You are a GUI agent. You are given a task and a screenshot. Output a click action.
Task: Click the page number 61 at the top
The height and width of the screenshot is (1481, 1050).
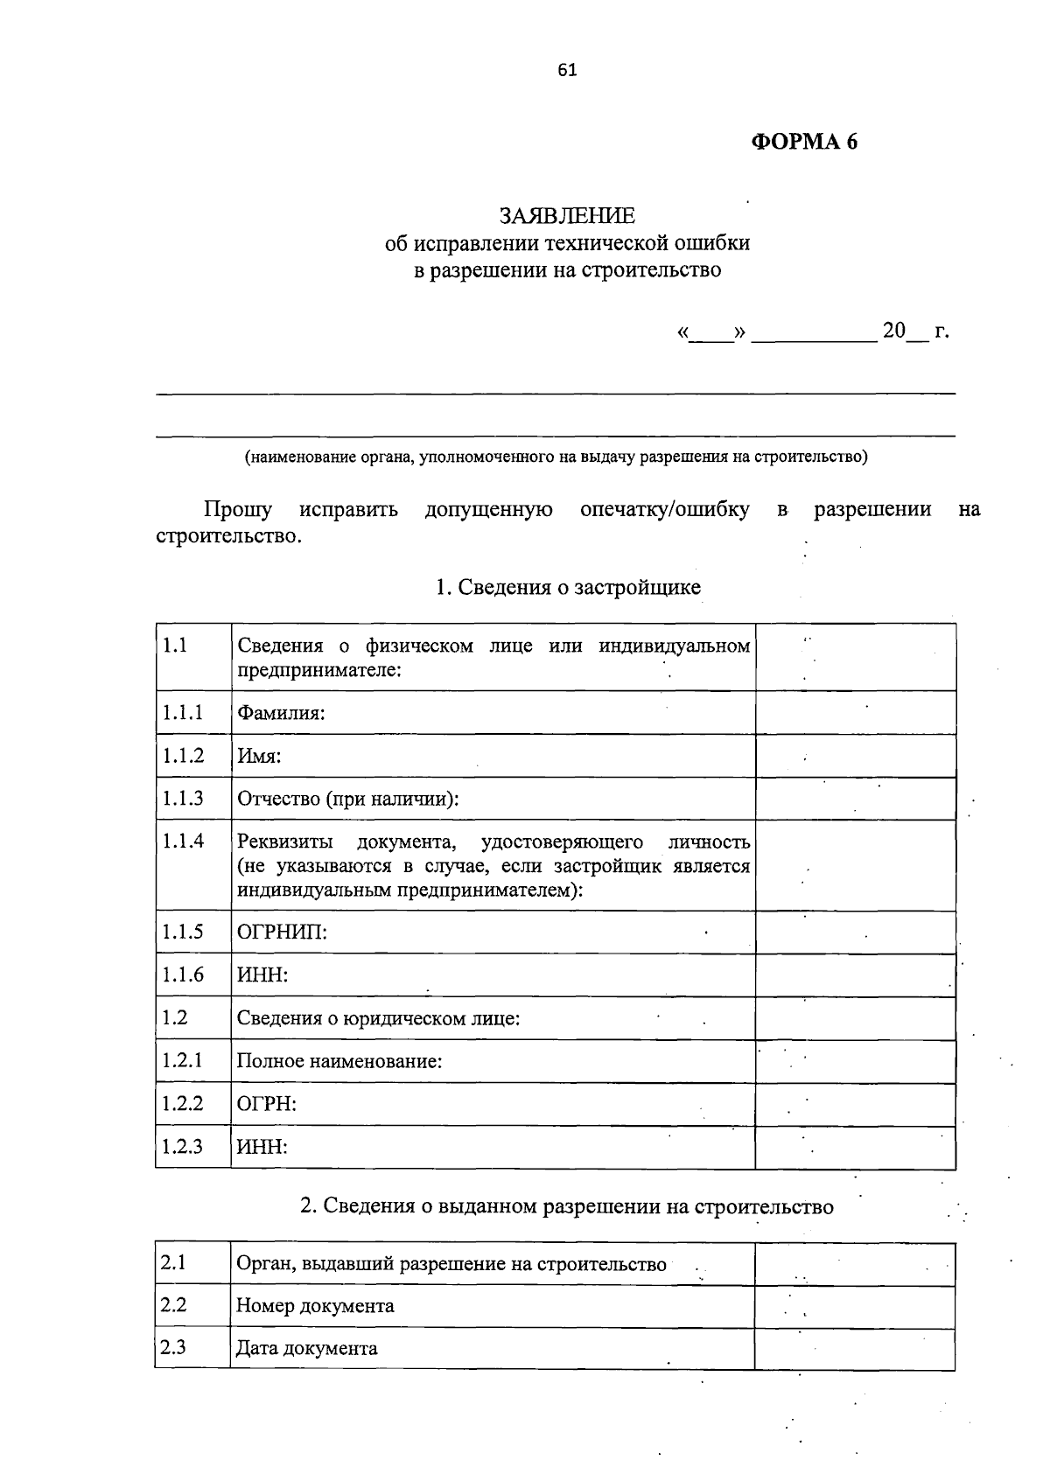567,70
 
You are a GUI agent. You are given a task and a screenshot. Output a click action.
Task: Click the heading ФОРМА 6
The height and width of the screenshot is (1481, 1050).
804,142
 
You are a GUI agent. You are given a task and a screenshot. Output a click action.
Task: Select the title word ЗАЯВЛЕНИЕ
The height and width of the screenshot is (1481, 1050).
567,215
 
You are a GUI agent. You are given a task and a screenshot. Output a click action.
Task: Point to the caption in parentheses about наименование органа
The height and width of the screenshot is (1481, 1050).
556,456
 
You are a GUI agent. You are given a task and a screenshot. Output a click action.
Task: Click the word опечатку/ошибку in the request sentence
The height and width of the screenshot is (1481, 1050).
664,509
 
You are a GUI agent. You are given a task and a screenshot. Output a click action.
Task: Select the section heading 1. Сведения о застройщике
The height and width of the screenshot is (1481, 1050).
568,587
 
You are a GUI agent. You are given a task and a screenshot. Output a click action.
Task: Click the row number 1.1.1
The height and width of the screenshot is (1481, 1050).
183,713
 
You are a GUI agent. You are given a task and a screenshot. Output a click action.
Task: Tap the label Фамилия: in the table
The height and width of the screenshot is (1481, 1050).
281,713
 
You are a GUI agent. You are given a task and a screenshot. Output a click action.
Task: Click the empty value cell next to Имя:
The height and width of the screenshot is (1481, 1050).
855,756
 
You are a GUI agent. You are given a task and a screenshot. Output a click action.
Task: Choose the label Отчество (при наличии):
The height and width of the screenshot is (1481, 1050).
348,799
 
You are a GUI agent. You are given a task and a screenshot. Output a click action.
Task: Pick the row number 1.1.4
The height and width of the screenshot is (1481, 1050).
183,842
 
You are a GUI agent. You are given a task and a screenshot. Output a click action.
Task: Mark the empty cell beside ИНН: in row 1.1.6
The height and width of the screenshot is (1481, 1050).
855,975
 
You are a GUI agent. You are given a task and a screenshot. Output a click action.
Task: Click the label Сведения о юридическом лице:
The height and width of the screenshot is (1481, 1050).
378,1018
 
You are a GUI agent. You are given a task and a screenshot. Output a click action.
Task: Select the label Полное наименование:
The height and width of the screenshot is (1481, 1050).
339,1061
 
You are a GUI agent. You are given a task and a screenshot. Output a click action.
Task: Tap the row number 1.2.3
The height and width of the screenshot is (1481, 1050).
183,1147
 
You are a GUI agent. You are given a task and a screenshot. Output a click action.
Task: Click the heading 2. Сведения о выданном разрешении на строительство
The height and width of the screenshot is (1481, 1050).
567,1206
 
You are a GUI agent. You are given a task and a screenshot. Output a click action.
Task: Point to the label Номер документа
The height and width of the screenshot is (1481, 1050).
315,1306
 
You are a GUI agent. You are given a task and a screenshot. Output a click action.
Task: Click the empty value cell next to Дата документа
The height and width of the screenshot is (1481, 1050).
854,1348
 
